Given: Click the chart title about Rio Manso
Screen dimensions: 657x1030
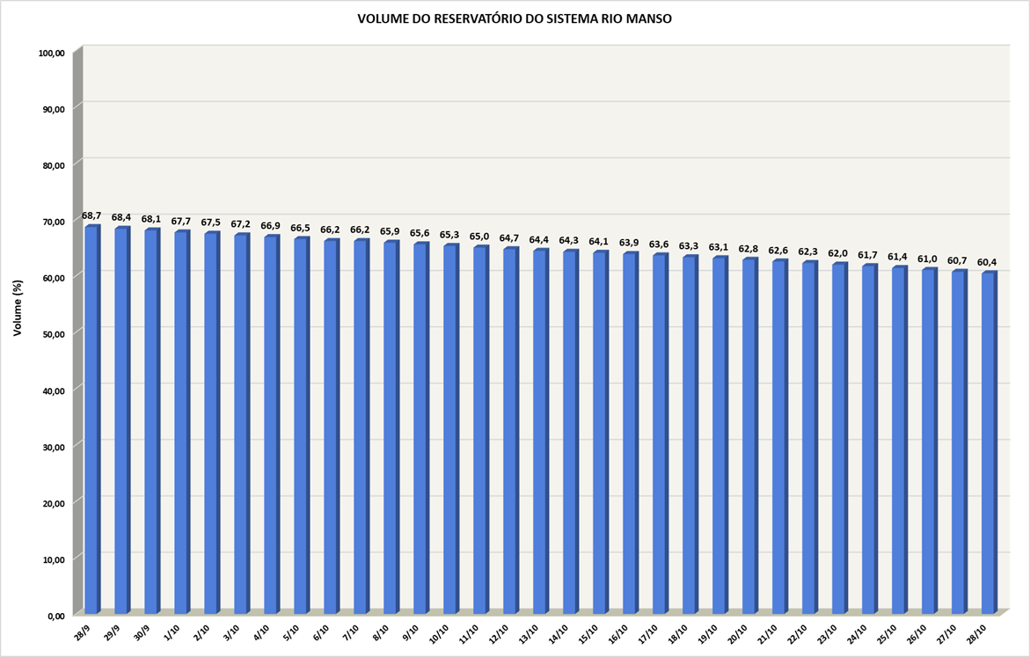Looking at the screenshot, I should (515, 18).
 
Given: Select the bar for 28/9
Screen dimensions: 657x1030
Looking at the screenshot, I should (91, 422).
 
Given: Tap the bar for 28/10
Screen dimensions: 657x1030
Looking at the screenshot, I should (989, 444).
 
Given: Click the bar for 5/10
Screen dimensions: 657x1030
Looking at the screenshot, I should (301, 427).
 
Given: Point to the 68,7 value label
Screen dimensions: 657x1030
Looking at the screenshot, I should (91, 215).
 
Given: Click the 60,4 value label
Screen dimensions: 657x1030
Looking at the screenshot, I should (987, 262).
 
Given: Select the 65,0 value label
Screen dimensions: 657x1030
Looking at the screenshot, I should (480, 237).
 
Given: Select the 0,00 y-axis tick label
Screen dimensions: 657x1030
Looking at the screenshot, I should (56, 616).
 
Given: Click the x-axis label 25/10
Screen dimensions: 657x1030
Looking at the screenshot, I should (889, 633).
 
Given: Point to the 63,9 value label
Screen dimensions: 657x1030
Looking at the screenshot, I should (630, 243).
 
